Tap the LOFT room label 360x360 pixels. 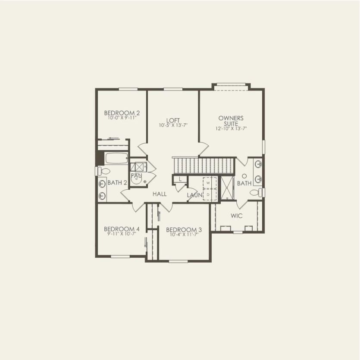(x=173, y=120)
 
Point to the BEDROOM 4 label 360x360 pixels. (x=122, y=229)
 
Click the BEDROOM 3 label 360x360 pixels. (x=184, y=229)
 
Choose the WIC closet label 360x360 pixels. (x=236, y=215)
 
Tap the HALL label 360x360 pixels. (x=160, y=194)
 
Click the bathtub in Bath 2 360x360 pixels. (x=116, y=158)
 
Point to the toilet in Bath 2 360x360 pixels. (x=102, y=171)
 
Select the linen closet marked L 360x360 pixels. (x=180, y=179)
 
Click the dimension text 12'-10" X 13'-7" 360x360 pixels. (x=231, y=128)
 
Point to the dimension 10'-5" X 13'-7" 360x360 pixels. (x=173, y=125)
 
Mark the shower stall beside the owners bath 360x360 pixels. (x=225, y=188)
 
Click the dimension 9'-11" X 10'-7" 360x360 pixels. (x=122, y=234)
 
